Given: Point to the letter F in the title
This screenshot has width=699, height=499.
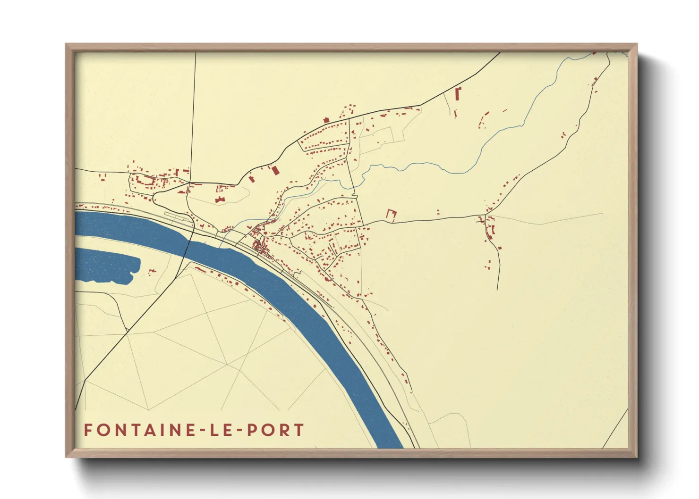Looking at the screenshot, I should point(88,430).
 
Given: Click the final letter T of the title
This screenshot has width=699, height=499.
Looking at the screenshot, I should point(298,430).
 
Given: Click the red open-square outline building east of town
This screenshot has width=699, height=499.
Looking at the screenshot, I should point(391,215).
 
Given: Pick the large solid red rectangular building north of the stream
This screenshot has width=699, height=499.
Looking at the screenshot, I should point(275,170).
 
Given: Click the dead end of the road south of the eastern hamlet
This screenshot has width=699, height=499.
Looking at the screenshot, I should point(498,289).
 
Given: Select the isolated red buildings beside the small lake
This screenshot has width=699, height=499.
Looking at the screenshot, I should point(152,271).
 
